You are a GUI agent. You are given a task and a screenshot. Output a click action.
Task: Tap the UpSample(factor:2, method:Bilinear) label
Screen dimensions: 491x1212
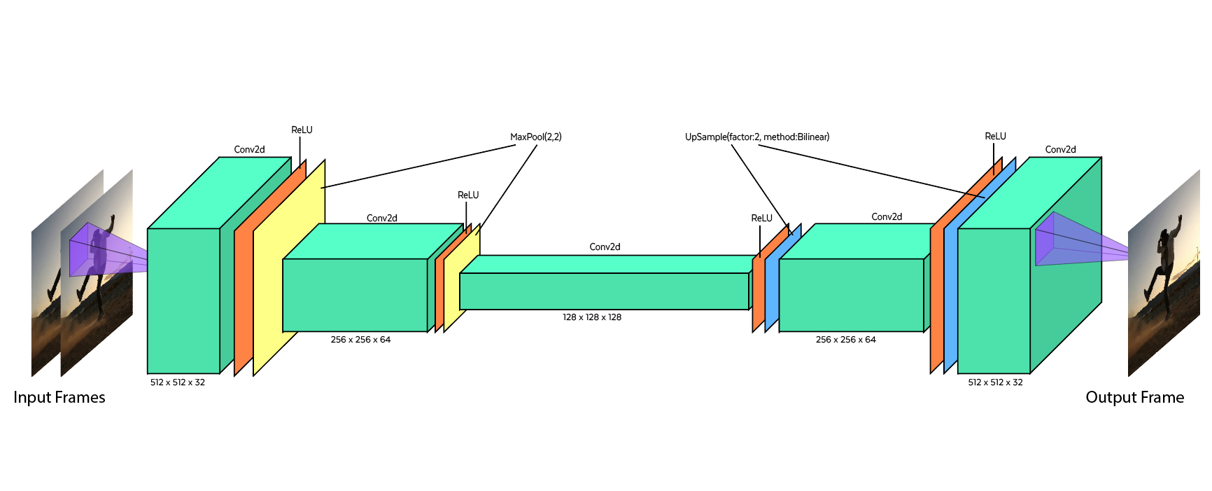[x=756, y=137]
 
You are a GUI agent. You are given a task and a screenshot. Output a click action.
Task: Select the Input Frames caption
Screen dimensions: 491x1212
[x=59, y=398]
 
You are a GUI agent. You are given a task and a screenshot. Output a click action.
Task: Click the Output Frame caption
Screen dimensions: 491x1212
[x=1134, y=398]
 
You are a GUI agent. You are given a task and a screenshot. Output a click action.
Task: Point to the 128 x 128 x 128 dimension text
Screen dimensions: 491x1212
[x=592, y=317]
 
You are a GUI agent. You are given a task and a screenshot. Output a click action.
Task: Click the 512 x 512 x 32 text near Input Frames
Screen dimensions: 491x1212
[x=178, y=382]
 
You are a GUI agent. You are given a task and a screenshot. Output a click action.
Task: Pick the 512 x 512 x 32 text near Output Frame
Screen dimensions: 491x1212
[x=995, y=382]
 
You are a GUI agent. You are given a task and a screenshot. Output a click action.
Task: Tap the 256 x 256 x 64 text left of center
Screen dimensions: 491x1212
[x=360, y=340]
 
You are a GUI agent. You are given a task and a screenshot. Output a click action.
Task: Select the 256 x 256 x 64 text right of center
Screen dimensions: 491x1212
[x=845, y=340]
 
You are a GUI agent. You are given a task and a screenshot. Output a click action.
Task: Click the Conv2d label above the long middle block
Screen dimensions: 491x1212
[x=605, y=247]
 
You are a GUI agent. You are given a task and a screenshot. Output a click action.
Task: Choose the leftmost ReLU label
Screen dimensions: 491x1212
[x=302, y=130]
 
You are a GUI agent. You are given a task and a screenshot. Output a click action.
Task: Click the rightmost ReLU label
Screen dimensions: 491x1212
[x=995, y=137]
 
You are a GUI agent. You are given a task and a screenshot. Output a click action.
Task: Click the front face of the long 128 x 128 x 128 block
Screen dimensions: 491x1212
[x=604, y=291]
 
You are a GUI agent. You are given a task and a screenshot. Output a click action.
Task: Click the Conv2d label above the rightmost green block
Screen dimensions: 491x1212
[x=1060, y=150]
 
